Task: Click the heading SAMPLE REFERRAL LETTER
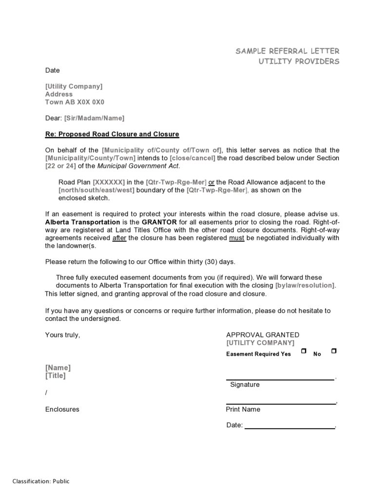(x=288, y=51)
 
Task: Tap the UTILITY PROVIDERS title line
(x=299, y=62)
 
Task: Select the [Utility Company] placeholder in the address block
(x=74, y=86)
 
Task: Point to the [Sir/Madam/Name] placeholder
(x=94, y=118)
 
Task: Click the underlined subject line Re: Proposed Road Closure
(x=112, y=134)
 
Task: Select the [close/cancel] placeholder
(x=192, y=158)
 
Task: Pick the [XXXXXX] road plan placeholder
(x=109, y=182)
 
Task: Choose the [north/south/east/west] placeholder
(x=96, y=190)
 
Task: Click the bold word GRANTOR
(x=159, y=222)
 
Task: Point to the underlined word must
(x=236, y=238)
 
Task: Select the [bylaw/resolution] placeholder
(x=305, y=286)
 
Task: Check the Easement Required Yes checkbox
(x=304, y=351)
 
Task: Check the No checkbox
(x=333, y=351)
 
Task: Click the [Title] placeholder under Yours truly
(x=55, y=376)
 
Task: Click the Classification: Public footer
(x=41, y=481)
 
